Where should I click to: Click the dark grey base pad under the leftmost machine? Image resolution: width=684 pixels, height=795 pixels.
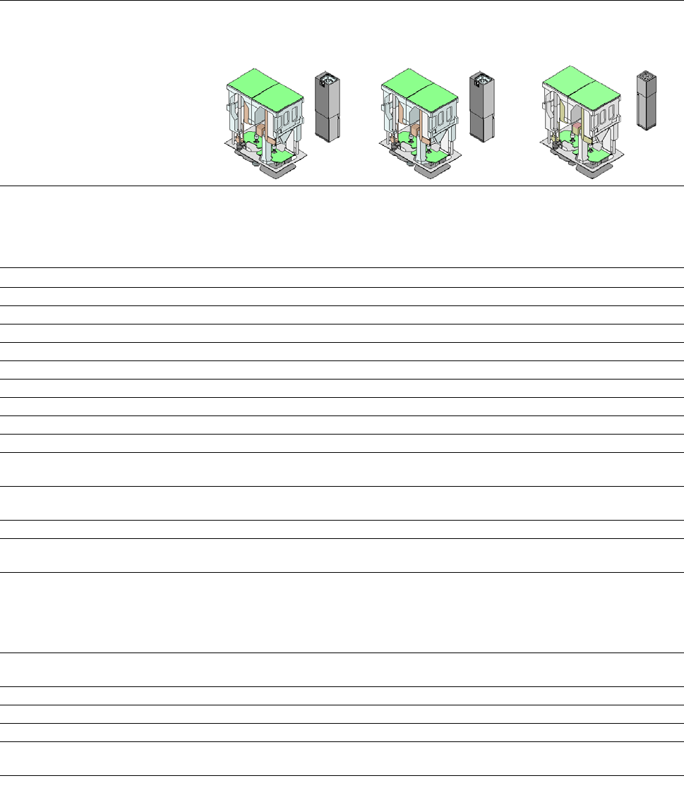point(278,170)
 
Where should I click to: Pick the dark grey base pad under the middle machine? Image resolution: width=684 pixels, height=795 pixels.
point(433,170)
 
